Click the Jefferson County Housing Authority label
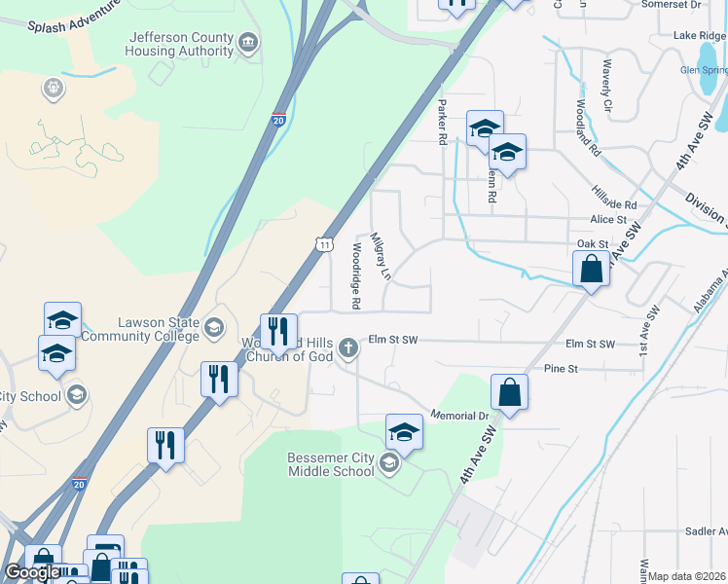point(181,44)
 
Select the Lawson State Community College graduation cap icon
point(212,328)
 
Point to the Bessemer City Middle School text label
point(331,464)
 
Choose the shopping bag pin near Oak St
point(591,269)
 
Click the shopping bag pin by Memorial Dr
point(509,392)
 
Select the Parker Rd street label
point(442,122)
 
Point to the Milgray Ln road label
point(380,256)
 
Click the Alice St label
point(607,221)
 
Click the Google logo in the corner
point(33,572)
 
